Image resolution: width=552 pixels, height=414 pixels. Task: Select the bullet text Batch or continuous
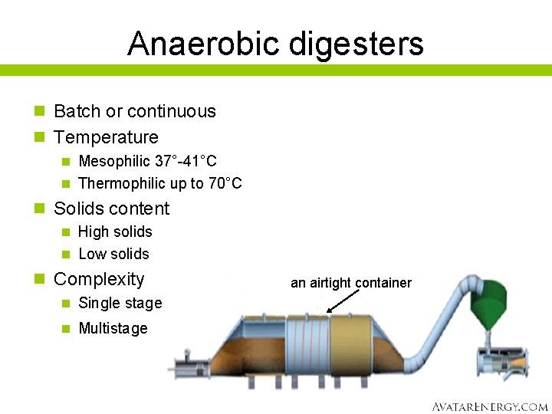point(135,111)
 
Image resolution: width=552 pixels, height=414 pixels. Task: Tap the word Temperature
point(106,137)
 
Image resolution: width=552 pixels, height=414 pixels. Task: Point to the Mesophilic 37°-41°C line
point(147,161)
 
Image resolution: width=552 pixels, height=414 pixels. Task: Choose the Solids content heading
point(112,209)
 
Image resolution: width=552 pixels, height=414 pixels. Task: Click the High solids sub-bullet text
point(115,232)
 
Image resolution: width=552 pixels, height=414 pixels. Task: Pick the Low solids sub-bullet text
point(113,254)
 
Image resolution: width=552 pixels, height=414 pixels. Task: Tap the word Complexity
point(99,279)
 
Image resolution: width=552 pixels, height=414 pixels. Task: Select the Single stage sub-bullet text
point(120,303)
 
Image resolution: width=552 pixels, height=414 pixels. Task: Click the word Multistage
point(113,328)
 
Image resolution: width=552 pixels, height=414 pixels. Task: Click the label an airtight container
point(351,283)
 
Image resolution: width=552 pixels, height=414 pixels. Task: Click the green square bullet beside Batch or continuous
point(40,111)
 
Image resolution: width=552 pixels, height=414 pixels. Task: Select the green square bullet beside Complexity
point(40,279)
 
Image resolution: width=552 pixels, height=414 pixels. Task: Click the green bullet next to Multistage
point(66,328)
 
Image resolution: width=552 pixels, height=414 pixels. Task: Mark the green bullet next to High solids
point(66,232)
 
